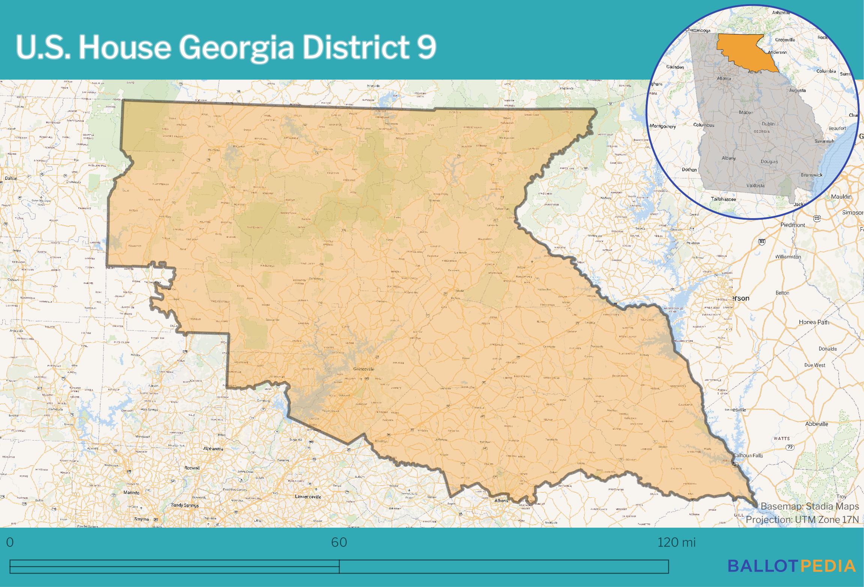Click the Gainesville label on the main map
point(364,369)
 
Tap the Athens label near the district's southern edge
point(501,501)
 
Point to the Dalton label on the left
point(11,178)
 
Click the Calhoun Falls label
point(748,456)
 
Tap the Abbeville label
point(816,424)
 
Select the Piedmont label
point(793,225)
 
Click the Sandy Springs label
point(185,505)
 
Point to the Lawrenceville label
point(308,496)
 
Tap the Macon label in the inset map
point(746,112)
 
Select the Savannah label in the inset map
point(824,141)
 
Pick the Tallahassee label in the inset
point(723,199)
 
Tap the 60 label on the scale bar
point(339,542)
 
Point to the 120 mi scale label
point(676,542)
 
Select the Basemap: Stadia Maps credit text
point(810,506)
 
